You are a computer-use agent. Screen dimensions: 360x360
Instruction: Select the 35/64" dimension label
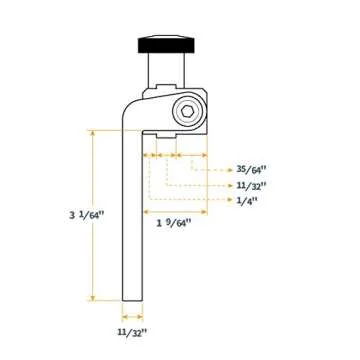252,170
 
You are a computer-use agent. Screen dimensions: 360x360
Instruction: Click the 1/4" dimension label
247,200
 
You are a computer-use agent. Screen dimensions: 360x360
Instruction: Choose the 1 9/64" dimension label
173,223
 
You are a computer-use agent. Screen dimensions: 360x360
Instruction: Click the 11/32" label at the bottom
132,331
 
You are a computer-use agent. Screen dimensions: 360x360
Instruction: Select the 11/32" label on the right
252,185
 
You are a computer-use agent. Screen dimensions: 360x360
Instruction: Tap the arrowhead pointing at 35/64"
231,170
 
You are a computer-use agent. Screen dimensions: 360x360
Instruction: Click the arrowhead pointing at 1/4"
231,200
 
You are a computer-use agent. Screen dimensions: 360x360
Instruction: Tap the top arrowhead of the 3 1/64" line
93,133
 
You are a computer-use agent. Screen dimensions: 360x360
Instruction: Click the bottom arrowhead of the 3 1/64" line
93,296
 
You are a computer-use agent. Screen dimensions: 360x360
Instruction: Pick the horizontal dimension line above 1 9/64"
175,211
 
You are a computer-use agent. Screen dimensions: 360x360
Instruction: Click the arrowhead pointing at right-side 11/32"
231,185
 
